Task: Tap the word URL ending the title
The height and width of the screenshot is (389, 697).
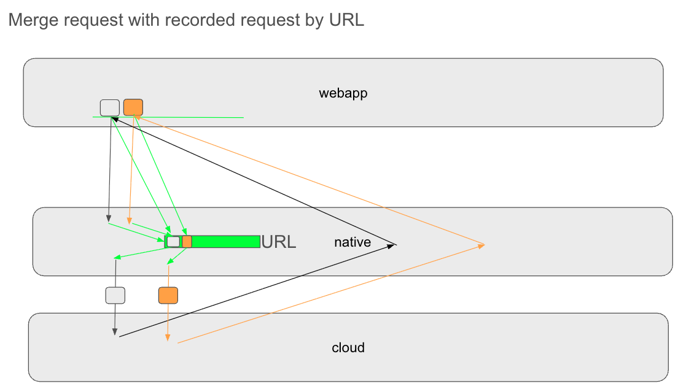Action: click(346, 20)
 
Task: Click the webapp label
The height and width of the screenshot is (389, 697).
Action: click(343, 93)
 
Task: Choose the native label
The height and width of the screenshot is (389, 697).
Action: click(352, 242)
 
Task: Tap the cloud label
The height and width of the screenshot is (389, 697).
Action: click(348, 348)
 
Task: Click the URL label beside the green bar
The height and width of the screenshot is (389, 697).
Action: click(279, 242)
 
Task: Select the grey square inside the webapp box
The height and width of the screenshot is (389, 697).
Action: click(110, 107)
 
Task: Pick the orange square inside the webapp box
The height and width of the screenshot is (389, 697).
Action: click(133, 107)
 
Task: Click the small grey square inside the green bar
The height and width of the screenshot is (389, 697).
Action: click(174, 241)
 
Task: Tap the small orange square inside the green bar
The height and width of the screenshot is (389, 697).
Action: click(187, 241)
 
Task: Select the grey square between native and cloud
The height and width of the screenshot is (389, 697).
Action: click(115, 295)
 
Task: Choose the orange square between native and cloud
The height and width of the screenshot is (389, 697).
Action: click(168, 295)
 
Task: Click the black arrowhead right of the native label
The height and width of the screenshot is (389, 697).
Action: click(394, 245)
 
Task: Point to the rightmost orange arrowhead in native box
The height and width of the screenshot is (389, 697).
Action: click(481, 245)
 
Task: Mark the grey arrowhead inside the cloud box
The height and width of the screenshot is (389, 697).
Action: click(114, 333)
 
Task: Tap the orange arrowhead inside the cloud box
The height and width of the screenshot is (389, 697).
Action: click(168, 339)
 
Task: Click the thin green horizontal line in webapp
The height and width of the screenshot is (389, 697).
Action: click(203, 117)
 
